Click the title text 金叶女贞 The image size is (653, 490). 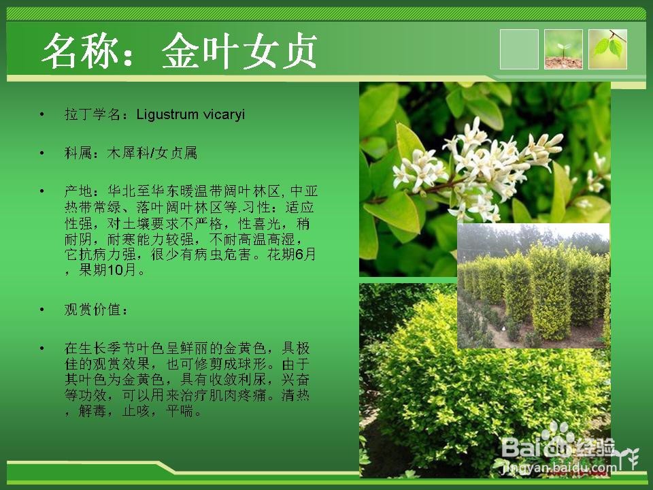[x=239, y=51]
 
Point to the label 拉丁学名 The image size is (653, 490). [x=93, y=114]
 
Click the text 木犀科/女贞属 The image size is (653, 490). [x=152, y=153]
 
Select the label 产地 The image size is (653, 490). [x=78, y=191]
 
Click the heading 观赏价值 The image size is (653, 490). [x=93, y=310]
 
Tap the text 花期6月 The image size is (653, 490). [x=292, y=254]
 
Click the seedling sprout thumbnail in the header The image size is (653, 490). [x=563, y=49]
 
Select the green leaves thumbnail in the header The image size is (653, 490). [x=607, y=49]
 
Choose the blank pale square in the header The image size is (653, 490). [x=519, y=49]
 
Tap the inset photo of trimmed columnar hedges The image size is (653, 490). [x=533, y=286]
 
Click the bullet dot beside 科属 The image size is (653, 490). [x=41, y=153]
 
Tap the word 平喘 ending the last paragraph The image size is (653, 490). [x=180, y=412]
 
